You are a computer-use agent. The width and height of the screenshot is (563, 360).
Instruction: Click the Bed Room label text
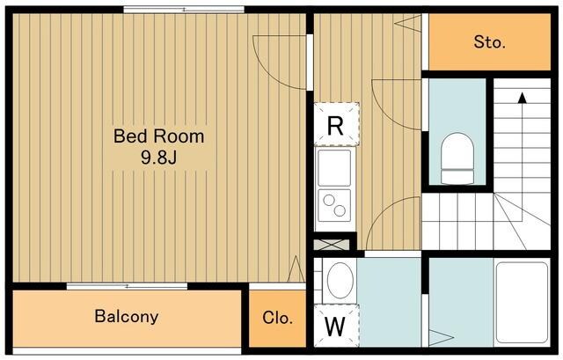coord(158,136)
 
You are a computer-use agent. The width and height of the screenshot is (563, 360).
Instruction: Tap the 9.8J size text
coord(158,157)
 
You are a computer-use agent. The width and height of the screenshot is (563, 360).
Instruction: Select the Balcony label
coord(127,317)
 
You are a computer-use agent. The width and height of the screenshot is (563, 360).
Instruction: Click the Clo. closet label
coord(277,318)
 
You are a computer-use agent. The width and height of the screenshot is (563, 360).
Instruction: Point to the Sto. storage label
coord(489,42)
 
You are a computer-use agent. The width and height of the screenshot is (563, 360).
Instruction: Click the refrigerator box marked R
coord(336,124)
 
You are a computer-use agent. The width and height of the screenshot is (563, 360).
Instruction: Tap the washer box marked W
coord(336,326)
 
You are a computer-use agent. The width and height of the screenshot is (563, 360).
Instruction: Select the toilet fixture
coord(457,158)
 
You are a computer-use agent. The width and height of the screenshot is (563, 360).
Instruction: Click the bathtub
coord(522,303)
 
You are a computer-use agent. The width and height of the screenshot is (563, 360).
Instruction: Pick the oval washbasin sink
coord(340,280)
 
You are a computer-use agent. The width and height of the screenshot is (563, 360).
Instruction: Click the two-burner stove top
coord(334,205)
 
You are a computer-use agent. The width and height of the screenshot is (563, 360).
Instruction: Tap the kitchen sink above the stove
coord(334,168)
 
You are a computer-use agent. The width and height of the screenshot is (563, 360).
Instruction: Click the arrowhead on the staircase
coord(522,98)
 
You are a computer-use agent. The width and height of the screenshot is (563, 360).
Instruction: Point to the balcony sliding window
coord(127,286)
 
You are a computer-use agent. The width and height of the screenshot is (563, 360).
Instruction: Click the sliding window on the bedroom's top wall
coord(184,10)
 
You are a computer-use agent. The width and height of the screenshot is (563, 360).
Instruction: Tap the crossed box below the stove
coord(332,245)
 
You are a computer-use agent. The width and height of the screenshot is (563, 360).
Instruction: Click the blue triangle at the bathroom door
coord(441,338)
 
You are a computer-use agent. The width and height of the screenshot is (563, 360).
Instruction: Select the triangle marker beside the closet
coord(296,268)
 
